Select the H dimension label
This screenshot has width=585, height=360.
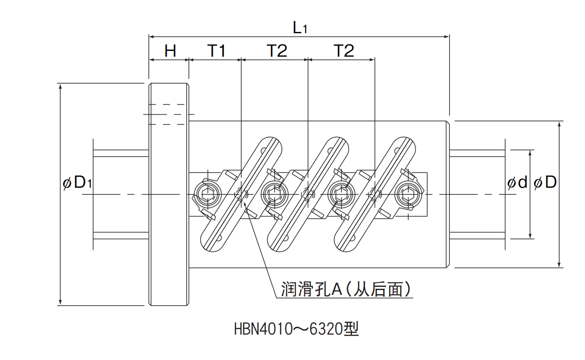(x=170, y=51)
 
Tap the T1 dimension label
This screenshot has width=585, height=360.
(x=217, y=51)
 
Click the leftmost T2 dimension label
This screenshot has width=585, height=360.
(x=277, y=51)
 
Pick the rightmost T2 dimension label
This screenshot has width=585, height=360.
(x=344, y=51)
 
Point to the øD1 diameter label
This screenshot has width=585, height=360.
(x=78, y=182)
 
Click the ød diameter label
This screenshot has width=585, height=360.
(x=517, y=182)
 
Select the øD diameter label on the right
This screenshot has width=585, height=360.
(x=546, y=182)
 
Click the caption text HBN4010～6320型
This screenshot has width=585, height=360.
(x=296, y=329)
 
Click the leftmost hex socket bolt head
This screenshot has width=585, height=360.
(x=207, y=194)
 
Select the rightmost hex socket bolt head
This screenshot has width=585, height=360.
(x=409, y=194)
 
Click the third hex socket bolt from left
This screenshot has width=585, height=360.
(x=341, y=194)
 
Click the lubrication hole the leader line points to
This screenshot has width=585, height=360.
(x=242, y=194)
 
